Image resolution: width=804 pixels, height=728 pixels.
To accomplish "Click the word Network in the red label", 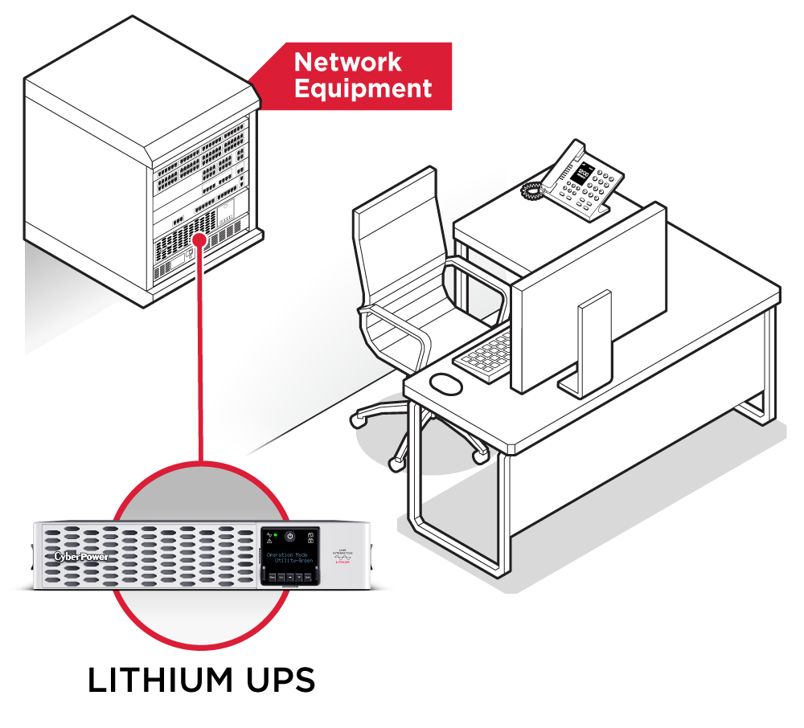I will point(347,62).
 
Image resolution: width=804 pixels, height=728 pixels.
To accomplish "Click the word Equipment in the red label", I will point(363,88).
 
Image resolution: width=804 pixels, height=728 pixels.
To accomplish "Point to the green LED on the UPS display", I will point(276,535).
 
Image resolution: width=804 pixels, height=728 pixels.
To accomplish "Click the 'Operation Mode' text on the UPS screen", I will point(288,555).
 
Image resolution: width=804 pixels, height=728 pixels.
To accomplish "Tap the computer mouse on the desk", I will point(446,384).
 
